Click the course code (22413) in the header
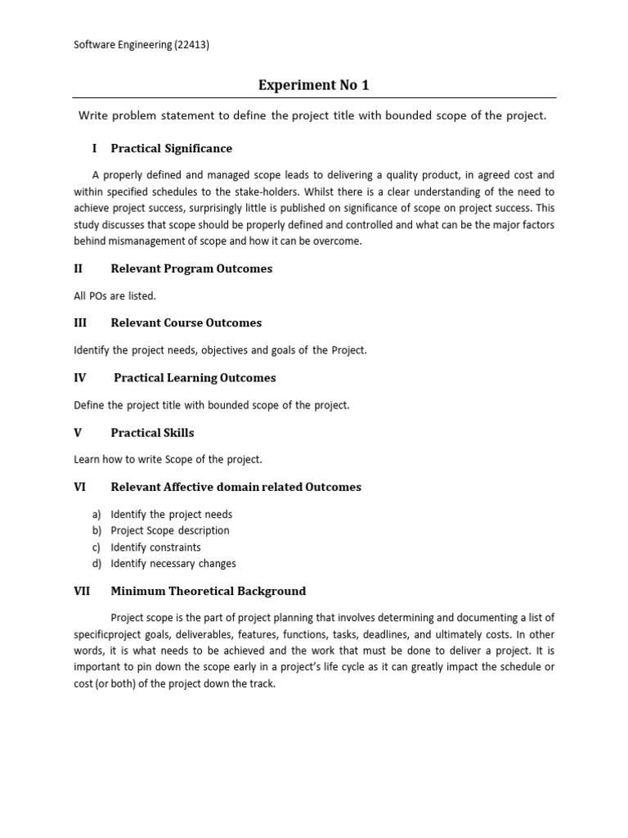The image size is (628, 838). (189, 46)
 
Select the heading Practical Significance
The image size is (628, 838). (171, 148)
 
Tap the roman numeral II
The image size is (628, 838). (78, 268)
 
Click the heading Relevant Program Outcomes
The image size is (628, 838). (191, 268)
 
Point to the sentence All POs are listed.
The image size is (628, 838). (114, 295)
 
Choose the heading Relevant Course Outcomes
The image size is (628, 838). (186, 322)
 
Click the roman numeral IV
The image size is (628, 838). (80, 377)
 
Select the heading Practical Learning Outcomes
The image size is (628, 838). (195, 377)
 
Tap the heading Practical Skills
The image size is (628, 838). (152, 432)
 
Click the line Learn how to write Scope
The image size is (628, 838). (168, 459)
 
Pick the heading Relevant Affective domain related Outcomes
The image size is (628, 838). (235, 487)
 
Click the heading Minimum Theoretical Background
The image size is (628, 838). (208, 591)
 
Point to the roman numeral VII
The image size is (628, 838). (82, 591)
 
